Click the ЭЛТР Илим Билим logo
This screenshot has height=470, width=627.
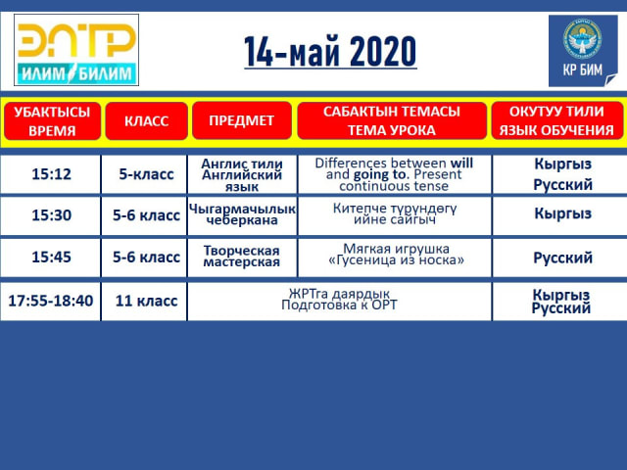pyautogui.click(x=76, y=50)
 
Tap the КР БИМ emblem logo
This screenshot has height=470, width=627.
pyautogui.click(x=583, y=51)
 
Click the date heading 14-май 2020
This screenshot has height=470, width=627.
pyautogui.click(x=330, y=52)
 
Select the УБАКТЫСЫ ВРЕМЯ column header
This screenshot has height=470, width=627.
pyautogui.click(x=52, y=121)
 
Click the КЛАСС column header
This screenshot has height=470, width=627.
pyautogui.click(x=146, y=121)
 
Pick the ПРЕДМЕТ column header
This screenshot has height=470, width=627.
pyautogui.click(x=242, y=120)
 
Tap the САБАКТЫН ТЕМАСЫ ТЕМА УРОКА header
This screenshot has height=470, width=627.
pyautogui.click(x=392, y=120)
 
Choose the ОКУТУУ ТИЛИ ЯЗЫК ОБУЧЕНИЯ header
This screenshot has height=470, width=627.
pyautogui.click(x=557, y=120)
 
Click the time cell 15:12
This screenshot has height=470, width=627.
pyautogui.click(x=51, y=174)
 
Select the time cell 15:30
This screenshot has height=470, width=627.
pyautogui.click(x=51, y=215)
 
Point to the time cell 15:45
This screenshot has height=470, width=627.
pyautogui.click(x=51, y=257)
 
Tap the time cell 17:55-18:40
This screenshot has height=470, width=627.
pyautogui.click(x=50, y=301)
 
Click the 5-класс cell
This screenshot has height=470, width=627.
pyautogui.click(x=146, y=174)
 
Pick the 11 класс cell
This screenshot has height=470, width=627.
pyautogui.click(x=146, y=301)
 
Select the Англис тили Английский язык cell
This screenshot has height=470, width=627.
pyautogui.click(x=242, y=174)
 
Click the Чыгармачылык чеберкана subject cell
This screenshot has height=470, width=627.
pyautogui.click(x=242, y=214)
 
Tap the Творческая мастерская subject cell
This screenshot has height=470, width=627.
pyautogui.click(x=242, y=257)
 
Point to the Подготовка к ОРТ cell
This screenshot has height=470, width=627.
pyautogui.click(x=339, y=301)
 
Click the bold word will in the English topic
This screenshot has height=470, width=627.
pyautogui.click(x=461, y=164)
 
